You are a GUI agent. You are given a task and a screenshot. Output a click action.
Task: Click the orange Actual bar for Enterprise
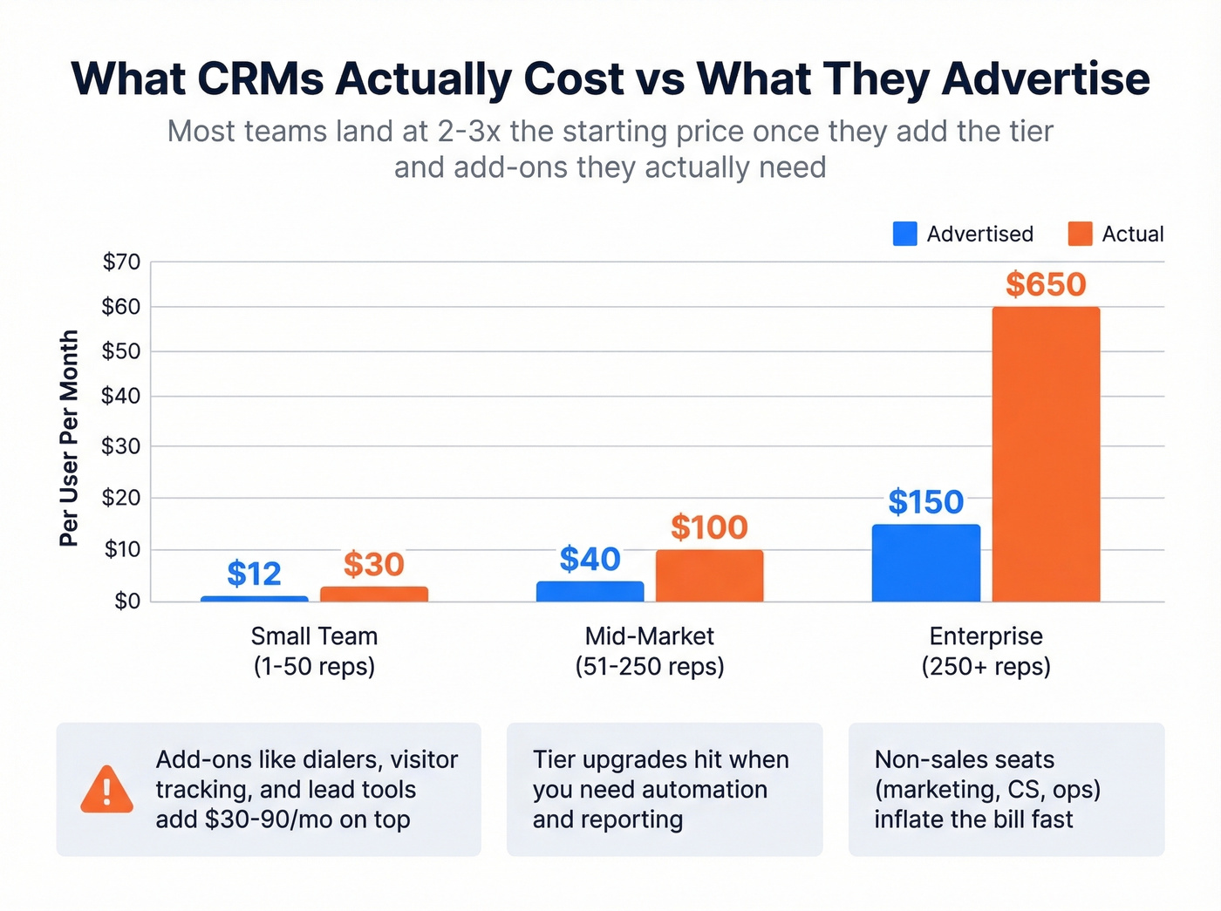point(1046,453)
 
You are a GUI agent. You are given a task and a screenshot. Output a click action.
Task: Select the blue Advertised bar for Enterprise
point(925,563)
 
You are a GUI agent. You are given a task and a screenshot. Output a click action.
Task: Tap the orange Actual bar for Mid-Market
point(709,575)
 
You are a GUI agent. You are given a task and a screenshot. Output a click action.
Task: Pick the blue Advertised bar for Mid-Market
point(590,591)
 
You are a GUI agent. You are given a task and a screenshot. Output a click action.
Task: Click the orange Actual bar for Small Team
point(373,594)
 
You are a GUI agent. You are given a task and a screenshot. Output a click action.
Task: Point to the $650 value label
point(1046,284)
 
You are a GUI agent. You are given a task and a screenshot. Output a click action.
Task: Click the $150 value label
point(925,502)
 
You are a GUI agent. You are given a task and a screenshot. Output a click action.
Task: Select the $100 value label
point(709,527)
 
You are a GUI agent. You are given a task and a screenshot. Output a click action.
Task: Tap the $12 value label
point(254,574)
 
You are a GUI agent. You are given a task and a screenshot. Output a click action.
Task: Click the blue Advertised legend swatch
point(904,234)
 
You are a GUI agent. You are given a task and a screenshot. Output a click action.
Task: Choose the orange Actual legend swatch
point(1080,234)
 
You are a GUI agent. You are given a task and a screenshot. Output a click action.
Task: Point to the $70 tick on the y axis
point(121,262)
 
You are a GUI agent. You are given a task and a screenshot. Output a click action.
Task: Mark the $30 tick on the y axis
point(121,446)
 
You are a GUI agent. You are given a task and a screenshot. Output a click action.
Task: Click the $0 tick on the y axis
point(126,601)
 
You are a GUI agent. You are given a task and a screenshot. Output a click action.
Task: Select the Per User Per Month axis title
point(69,438)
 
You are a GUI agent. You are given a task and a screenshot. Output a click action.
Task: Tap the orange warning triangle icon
point(106,790)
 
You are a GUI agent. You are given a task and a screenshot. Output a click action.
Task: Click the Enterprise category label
point(986,636)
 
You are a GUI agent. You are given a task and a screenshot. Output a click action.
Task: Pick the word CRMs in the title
point(260,78)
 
